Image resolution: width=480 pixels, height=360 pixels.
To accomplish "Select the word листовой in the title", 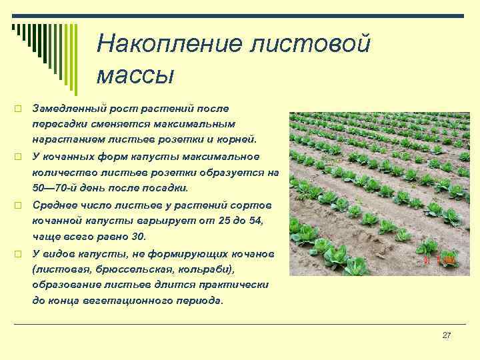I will [310, 43].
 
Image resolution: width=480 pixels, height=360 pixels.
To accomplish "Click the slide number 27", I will [447, 335].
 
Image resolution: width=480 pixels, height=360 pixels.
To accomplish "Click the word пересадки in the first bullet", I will [57, 124].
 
